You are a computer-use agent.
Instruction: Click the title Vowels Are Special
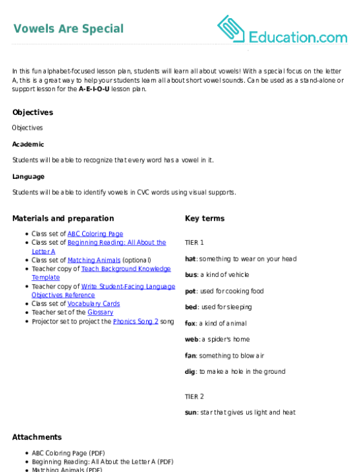(x=69, y=28)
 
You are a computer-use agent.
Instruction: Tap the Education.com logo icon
(x=231, y=28)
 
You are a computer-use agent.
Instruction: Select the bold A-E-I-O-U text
(x=94, y=89)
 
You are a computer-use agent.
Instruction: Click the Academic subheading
(x=28, y=145)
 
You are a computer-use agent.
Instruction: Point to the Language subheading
(x=28, y=177)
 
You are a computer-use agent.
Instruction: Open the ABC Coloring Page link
(x=95, y=234)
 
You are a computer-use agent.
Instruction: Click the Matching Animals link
(x=94, y=260)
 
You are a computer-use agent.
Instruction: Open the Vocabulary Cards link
(x=94, y=303)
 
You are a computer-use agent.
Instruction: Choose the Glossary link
(x=101, y=313)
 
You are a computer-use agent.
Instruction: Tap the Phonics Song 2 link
(x=136, y=322)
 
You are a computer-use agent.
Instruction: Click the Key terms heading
(x=205, y=218)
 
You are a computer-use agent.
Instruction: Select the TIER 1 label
(x=195, y=243)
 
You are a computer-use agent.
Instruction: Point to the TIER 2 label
(x=195, y=396)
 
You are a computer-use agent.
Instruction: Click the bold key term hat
(x=191, y=259)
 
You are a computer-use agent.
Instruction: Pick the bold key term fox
(x=190, y=323)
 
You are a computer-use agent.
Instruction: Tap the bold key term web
(x=191, y=340)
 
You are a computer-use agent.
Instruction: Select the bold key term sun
(x=191, y=413)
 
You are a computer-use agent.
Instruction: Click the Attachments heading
(x=37, y=437)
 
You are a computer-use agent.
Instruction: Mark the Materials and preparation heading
(x=63, y=218)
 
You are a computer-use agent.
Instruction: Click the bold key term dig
(x=190, y=372)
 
